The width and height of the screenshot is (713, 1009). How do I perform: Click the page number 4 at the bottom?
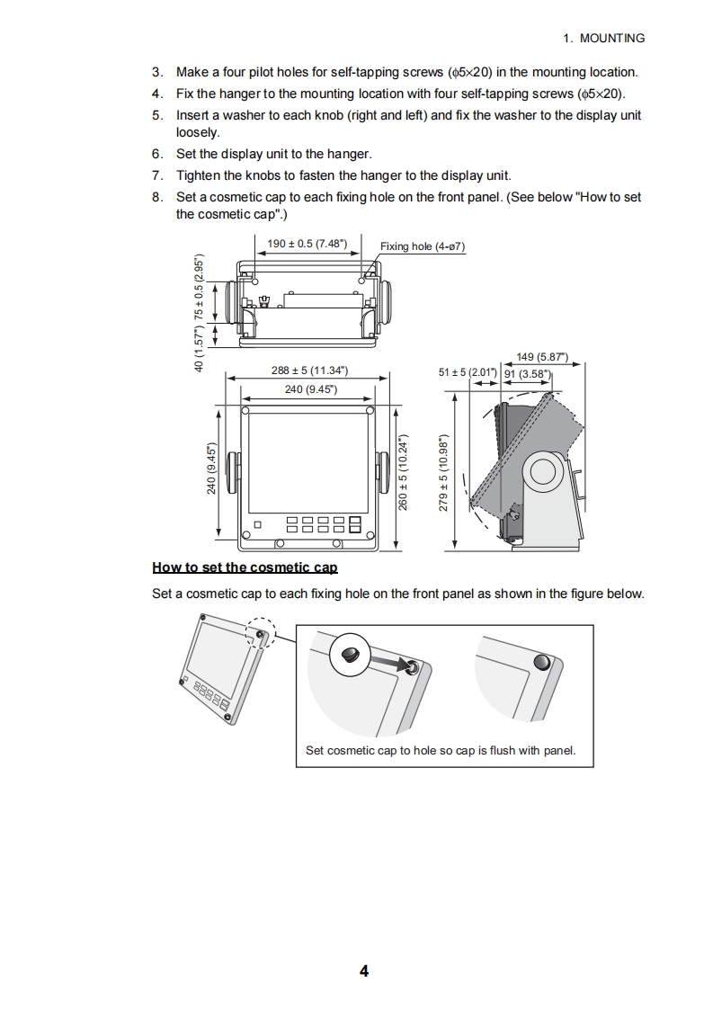pyautogui.click(x=363, y=970)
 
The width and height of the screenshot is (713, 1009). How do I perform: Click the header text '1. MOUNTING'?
pyautogui.click(x=603, y=38)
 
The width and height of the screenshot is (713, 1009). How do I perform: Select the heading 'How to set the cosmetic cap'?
pyautogui.click(x=245, y=567)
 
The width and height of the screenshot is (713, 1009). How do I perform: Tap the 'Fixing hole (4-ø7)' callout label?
pyautogui.click(x=422, y=246)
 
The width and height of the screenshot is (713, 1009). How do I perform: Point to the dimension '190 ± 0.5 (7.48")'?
pyautogui.click(x=308, y=244)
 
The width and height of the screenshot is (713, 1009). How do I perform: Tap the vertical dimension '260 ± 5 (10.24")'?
pyautogui.click(x=404, y=473)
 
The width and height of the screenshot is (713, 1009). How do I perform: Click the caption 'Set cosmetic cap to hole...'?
pyautogui.click(x=441, y=750)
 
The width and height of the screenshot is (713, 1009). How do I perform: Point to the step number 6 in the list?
pyautogui.click(x=157, y=154)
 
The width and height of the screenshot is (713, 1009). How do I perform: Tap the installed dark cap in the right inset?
pyautogui.click(x=541, y=663)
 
